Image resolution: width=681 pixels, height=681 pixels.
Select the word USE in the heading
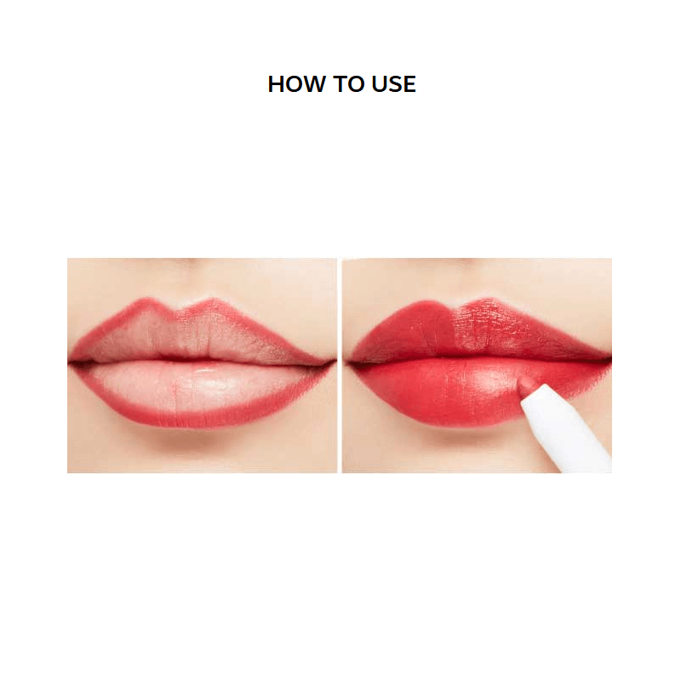pyautogui.click(x=392, y=84)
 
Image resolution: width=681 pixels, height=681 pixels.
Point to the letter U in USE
pyautogui.click(x=377, y=84)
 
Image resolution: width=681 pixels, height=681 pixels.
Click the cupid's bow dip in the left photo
pyautogui.click(x=180, y=313)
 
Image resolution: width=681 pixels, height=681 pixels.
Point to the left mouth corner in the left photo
pyautogui.click(x=71, y=362)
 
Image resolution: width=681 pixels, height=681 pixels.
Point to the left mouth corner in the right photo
pyautogui.click(x=346, y=363)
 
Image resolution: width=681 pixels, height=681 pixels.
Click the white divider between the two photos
pyautogui.click(x=340, y=366)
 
